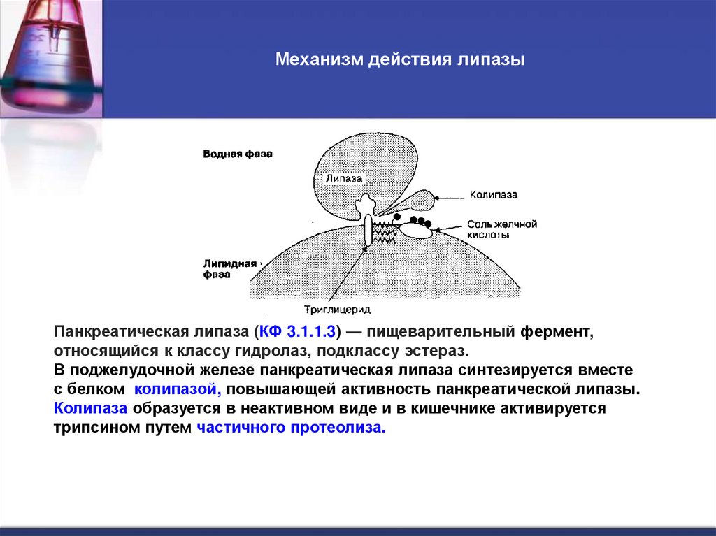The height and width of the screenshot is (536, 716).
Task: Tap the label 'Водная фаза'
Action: coord(237,154)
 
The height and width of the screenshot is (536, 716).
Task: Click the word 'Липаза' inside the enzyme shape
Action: coord(344,178)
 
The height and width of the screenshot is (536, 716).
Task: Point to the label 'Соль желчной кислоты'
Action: coord(501,229)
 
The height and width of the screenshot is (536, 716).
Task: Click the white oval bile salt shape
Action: coord(415,230)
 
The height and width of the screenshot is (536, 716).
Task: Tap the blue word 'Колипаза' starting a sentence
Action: coord(90,408)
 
